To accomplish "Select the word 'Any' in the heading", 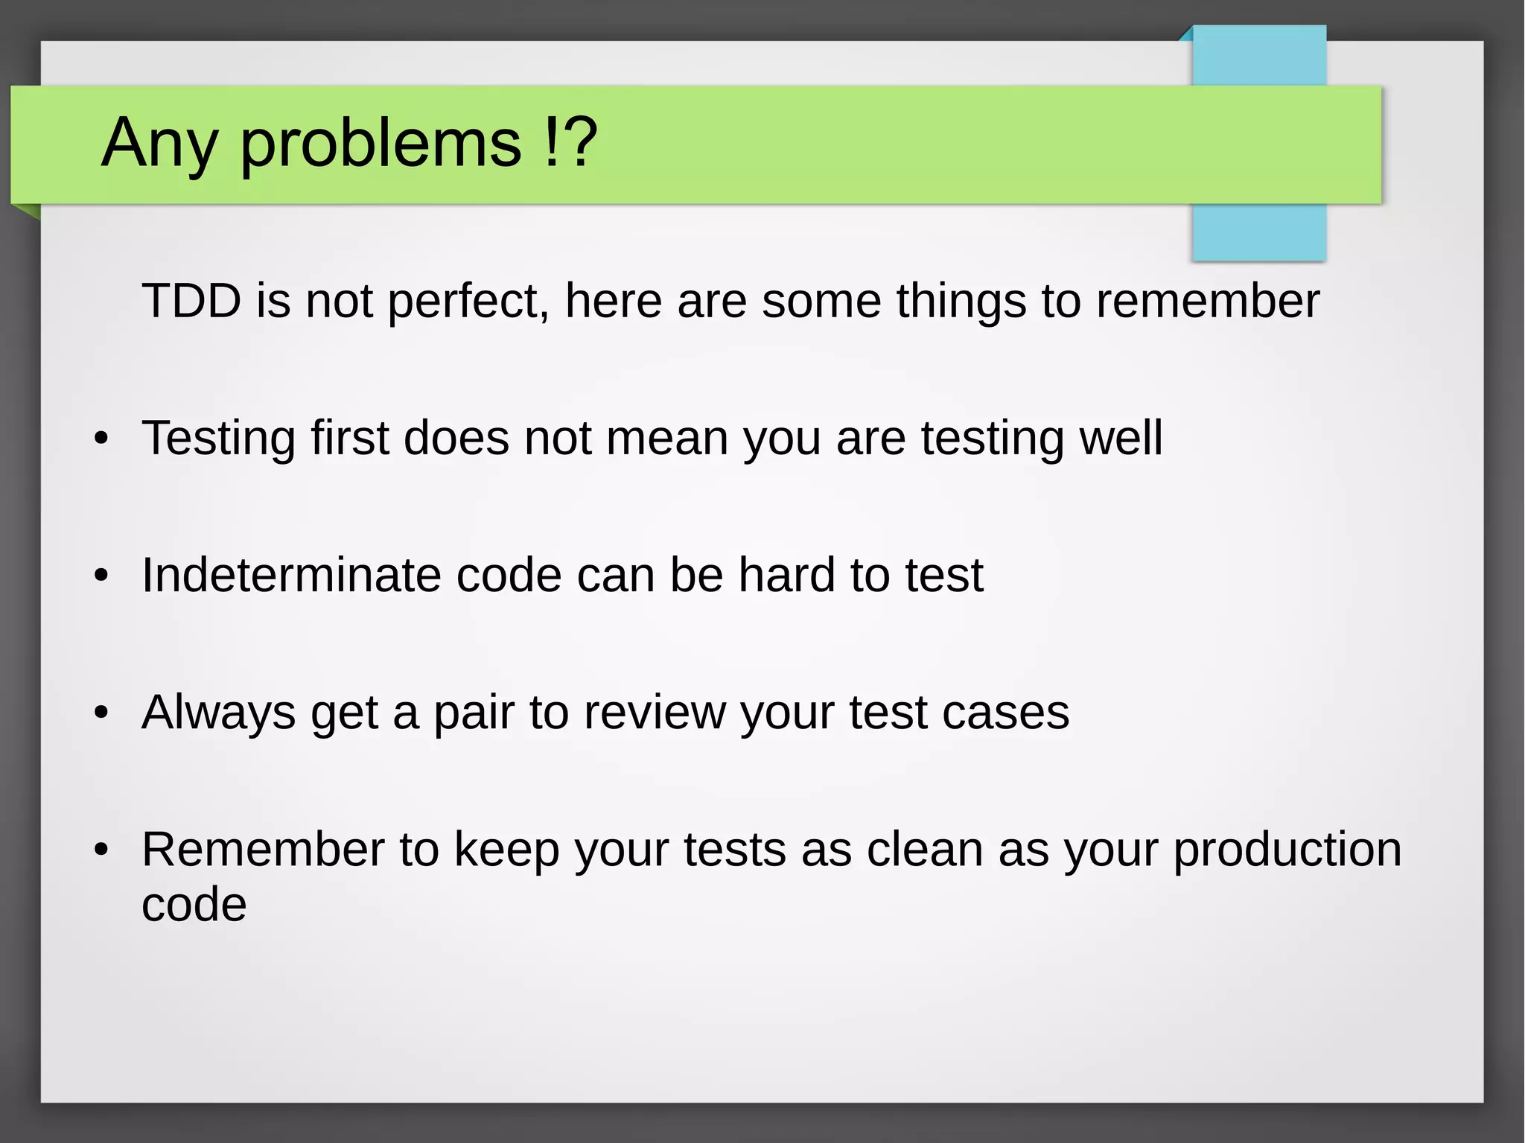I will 159,143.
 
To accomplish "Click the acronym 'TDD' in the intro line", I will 191,301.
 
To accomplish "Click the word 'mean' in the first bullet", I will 666,438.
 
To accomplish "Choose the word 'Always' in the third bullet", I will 218,713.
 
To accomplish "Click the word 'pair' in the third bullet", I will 474,713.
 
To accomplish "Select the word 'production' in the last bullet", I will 1287,850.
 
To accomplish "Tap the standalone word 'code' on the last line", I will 194,905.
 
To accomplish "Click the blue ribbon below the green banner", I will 1258,232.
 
